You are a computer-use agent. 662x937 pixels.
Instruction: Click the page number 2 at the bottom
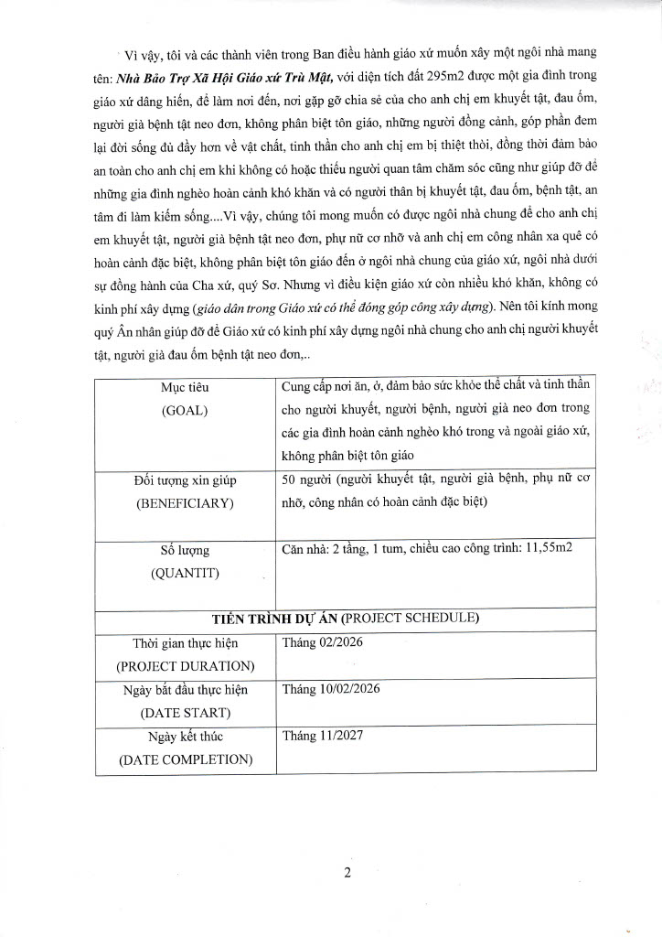coord(347,871)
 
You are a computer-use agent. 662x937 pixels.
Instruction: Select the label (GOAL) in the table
coord(186,410)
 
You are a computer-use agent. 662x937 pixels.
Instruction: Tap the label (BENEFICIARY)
coord(186,503)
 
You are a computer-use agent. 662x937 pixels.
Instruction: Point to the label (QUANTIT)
coord(186,573)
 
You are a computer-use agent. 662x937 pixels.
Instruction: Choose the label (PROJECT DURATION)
coord(186,665)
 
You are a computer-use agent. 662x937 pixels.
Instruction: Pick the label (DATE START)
coord(186,712)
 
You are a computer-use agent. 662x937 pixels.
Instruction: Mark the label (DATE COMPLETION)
coord(186,759)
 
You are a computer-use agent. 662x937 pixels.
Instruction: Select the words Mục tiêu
coord(186,387)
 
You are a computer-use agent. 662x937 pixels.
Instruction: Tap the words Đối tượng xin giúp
coord(186,480)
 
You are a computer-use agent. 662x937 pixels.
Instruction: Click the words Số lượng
coord(186,550)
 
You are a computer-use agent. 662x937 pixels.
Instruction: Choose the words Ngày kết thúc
coord(186,736)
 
